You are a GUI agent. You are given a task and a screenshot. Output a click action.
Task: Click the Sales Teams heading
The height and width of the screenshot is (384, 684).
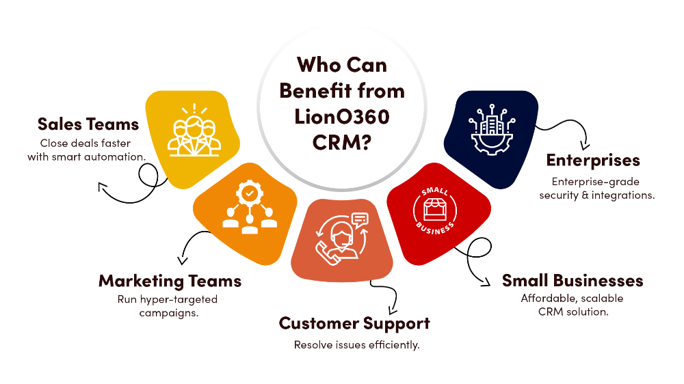tap(88, 124)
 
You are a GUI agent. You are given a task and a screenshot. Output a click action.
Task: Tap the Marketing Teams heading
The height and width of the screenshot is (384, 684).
tap(170, 281)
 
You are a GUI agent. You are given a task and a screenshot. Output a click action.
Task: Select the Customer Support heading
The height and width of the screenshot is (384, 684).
tap(354, 323)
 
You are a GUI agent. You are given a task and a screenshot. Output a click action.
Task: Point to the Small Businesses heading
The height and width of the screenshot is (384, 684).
tap(573, 281)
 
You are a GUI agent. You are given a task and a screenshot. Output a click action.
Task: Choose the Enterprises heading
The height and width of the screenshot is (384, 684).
tap(593, 161)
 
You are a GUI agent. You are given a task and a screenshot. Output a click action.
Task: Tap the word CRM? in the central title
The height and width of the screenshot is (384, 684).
tap(342, 143)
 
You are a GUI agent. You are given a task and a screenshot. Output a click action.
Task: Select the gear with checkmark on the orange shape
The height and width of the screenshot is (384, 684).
tap(250, 195)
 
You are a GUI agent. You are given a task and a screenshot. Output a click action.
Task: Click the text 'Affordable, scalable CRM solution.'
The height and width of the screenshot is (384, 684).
tap(573, 305)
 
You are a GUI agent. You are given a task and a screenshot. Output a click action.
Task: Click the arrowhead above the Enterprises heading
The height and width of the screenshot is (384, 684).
tap(583, 145)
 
